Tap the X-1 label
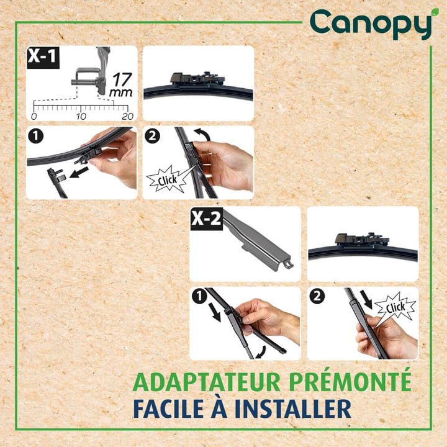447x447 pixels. pos(43,57)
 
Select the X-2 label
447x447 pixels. pos(206,219)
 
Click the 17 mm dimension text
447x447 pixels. pos(121,85)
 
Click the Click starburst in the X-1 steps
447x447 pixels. pos(167,179)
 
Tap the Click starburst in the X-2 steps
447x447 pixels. pos(395,307)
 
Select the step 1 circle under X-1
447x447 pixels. pos(35,136)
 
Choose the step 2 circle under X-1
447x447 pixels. pos(152,136)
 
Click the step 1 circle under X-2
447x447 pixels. pos(199,297)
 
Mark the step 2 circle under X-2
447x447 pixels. pos(317,297)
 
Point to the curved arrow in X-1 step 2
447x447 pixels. pos(202,134)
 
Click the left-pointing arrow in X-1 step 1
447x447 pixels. pos(79,172)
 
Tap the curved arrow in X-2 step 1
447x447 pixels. pos(262,353)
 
